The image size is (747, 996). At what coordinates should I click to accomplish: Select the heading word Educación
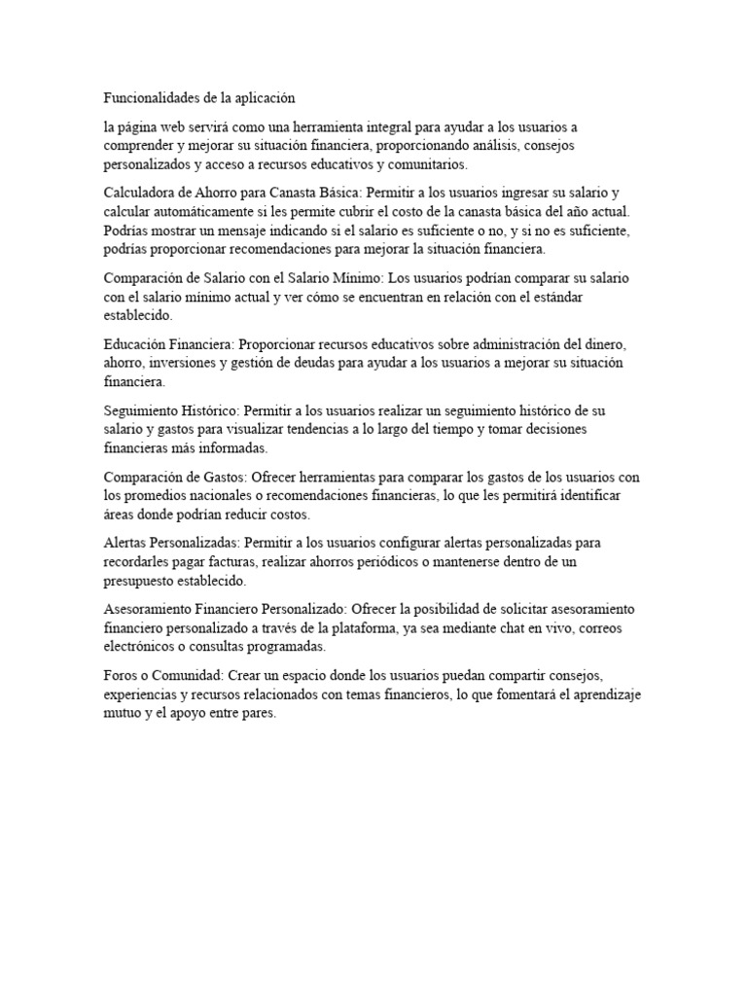coord(135,344)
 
